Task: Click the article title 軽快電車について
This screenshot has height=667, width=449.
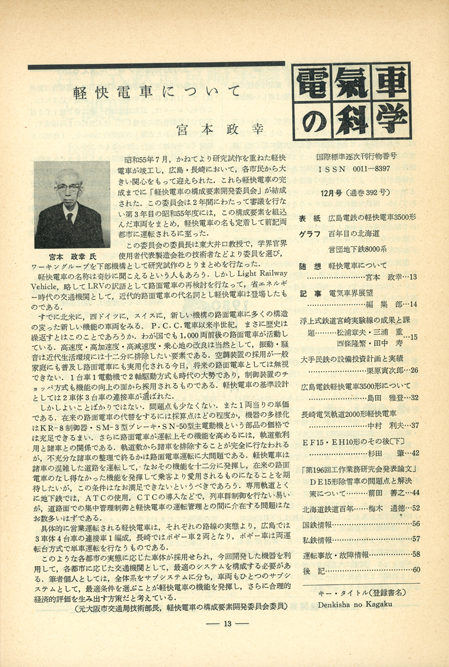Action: coord(156,93)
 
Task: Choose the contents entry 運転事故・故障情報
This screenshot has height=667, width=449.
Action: coord(336,554)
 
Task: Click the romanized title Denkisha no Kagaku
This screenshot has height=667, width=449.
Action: coord(358,604)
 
